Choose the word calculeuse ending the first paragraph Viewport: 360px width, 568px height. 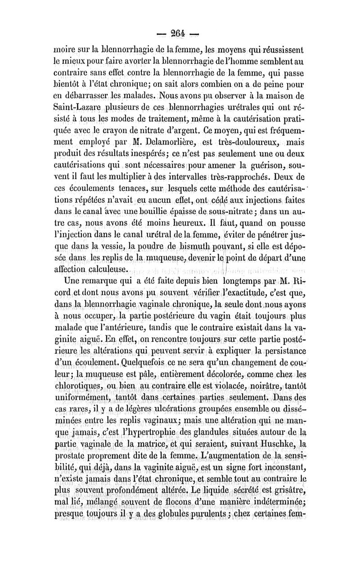click(107, 269)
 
